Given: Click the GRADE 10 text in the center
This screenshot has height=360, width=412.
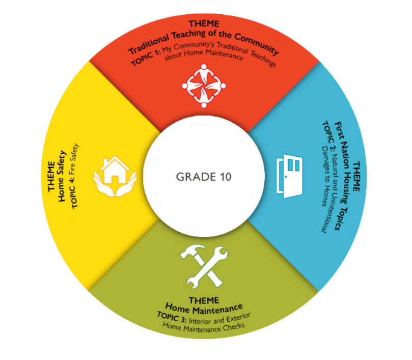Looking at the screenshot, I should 204,177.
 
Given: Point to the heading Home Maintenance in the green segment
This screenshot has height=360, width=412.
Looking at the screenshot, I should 204,307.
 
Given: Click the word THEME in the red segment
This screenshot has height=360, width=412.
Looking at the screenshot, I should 204,24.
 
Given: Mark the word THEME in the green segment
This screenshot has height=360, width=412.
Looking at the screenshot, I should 204,299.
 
